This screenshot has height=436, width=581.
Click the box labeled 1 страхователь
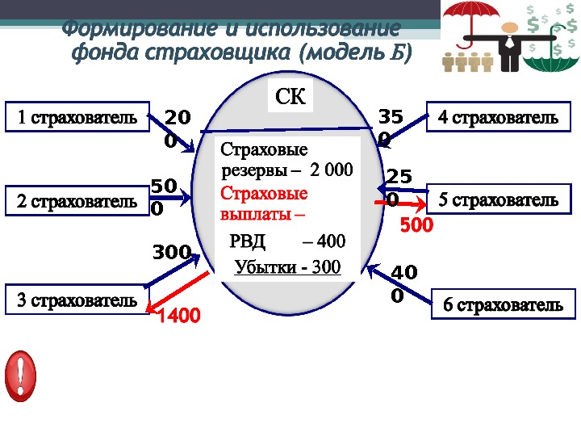77,117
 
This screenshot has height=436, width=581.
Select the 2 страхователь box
77,200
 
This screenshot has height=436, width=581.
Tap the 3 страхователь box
77,300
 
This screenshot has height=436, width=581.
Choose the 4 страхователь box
497,118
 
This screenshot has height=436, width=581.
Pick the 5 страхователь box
497,199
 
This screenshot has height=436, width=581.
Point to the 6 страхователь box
503,306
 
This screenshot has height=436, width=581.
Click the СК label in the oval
290,98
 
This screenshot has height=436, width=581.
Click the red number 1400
178,315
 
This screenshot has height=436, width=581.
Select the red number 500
416,227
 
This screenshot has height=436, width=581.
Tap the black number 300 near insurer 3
171,253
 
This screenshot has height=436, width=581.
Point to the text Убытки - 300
287,267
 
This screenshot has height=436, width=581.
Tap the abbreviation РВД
247,241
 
